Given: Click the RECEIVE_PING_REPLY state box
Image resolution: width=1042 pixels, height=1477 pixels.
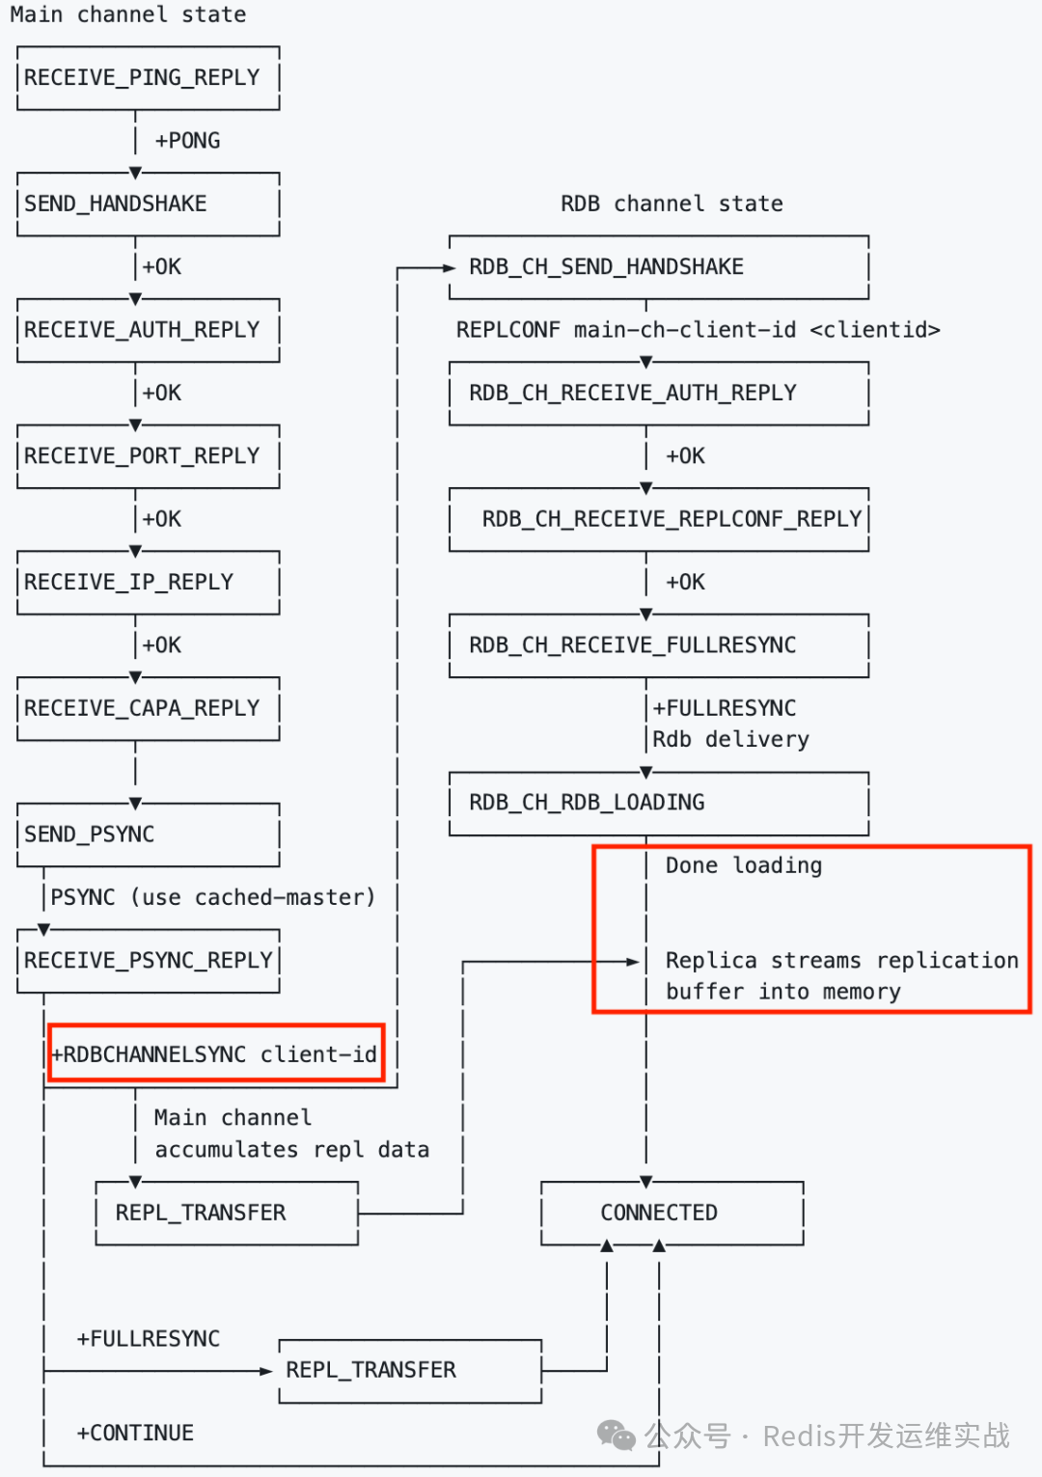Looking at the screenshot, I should pyautogui.click(x=148, y=77).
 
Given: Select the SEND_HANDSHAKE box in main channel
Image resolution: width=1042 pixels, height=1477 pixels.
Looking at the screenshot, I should pyautogui.click(x=148, y=204).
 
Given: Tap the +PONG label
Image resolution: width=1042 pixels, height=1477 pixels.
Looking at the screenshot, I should pyautogui.click(x=187, y=141).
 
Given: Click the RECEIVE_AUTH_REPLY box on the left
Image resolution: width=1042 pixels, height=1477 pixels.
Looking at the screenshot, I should pyautogui.click(x=148, y=330).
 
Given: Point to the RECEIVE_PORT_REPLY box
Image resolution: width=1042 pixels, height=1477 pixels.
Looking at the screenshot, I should pyautogui.click(x=148, y=455).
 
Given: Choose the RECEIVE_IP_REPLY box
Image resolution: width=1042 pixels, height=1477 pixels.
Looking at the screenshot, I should pyautogui.click(x=148, y=582).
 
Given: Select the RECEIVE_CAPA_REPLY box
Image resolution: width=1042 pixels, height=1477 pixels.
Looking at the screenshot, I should pyautogui.click(x=148, y=708).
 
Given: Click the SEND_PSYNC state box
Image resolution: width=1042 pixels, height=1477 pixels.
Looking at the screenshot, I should pyautogui.click(x=148, y=834).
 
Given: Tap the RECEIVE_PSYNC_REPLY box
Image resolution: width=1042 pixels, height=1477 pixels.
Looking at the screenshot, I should pyautogui.click(x=148, y=961).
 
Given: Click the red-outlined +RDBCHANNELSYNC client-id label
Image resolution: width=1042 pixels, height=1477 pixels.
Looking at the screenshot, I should pyautogui.click(x=215, y=1053).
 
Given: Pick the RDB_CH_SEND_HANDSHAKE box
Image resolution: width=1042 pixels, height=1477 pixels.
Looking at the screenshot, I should pyautogui.click(x=659, y=266).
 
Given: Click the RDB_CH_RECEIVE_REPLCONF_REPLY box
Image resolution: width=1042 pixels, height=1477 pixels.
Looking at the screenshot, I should pyautogui.click(x=659, y=519).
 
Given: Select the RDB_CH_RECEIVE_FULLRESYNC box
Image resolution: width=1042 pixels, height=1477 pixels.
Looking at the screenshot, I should pyautogui.click(x=659, y=644).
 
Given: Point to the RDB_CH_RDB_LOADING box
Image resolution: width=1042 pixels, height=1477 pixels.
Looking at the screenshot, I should pyautogui.click(x=659, y=803).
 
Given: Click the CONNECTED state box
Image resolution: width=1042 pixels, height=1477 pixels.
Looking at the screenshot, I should pyautogui.click(x=672, y=1213).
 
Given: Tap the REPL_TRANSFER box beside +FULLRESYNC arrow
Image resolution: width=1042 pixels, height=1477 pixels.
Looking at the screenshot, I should pyautogui.click(x=410, y=1370).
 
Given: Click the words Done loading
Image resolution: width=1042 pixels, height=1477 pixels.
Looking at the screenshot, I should pyautogui.click(x=744, y=865).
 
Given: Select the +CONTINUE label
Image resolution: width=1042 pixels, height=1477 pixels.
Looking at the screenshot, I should pyautogui.click(x=135, y=1433).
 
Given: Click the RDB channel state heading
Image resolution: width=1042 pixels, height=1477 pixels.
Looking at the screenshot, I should pyautogui.click(x=672, y=204).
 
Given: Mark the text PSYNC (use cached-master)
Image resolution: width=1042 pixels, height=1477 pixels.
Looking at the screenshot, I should pyautogui.click(x=212, y=897).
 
